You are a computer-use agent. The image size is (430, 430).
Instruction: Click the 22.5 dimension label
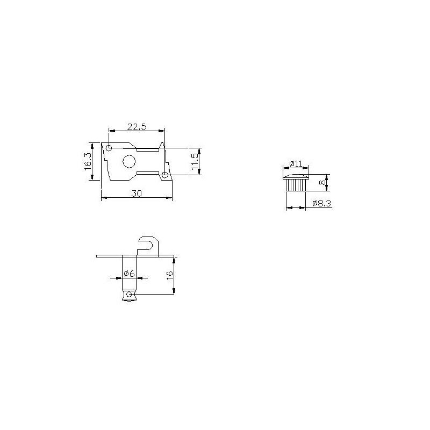(x=137, y=127)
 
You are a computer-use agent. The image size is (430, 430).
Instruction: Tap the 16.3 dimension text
(x=88, y=162)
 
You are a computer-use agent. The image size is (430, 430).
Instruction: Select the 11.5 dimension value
(x=194, y=162)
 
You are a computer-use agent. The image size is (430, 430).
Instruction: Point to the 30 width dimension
(x=137, y=193)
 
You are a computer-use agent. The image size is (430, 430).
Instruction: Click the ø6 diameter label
(x=129, y=274)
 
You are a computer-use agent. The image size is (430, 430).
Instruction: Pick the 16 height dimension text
(x=170, y=275)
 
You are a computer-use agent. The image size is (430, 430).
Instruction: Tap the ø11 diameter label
(x=296, y=164)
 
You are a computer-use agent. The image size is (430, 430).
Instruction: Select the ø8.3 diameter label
(x=321, y=203)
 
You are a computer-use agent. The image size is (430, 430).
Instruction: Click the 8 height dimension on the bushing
(x=323, y=182)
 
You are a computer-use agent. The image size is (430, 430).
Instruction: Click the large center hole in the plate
(x=129, y=161)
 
